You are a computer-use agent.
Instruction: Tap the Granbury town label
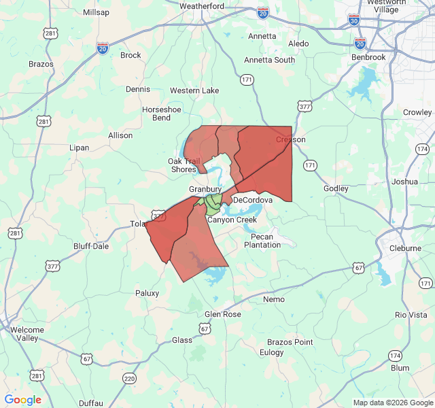click(x=205, y=189)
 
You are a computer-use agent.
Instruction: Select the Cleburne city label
click(x=406, y=248)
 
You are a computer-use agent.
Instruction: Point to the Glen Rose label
click(x=222, y=314)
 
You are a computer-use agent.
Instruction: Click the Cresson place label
click(x=290, y=139)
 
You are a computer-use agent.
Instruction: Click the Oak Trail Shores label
click(x=183, y=165)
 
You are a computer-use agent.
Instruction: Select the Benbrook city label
click(x=369, y=58)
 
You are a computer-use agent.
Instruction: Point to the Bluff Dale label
click(x=91, y=246)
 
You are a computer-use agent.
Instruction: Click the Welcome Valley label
click(x=28, y=334)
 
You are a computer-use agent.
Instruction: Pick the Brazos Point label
click(x=290, y=342)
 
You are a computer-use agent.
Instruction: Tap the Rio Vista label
click(x=411, y=315)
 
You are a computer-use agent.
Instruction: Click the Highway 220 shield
click(x=129, y=378)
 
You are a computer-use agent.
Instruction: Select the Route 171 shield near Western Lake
click(x=247, y=80)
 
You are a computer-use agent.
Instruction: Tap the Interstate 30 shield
click(x=353, y=20)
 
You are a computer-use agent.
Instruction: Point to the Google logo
click(x=23, y=400)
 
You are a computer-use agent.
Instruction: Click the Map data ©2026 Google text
click(x=392, y=403)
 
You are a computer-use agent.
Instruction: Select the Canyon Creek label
click(x=232, y=220)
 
